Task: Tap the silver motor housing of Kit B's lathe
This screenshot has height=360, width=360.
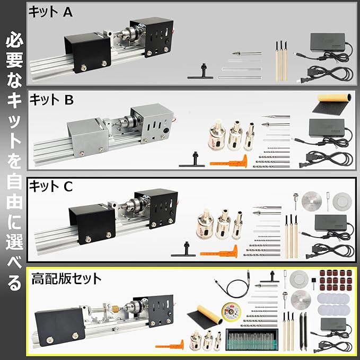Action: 152,123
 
